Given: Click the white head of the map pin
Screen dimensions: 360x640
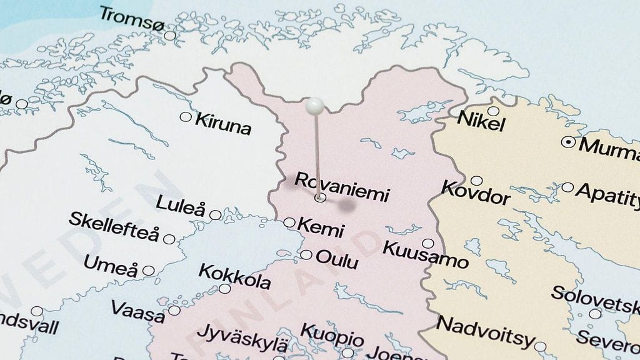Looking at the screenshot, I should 316,106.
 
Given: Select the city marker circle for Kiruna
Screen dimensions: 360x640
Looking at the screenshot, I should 186,116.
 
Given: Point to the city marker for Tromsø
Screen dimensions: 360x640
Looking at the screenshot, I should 170,36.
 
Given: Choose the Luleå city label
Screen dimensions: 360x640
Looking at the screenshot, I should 180,204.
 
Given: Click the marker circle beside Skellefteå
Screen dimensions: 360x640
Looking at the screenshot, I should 169,238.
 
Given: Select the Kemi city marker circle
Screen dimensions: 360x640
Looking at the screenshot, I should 289,222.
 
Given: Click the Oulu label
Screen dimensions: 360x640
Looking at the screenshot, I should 337,258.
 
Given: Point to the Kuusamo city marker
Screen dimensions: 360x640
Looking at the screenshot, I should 427,243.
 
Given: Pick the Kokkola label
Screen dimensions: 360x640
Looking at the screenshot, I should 234,276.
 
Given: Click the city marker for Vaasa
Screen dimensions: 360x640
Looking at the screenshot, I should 174,310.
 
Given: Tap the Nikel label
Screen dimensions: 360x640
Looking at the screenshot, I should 481,121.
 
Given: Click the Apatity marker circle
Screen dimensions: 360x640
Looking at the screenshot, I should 567,187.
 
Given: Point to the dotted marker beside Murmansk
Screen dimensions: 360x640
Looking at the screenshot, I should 568,142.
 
